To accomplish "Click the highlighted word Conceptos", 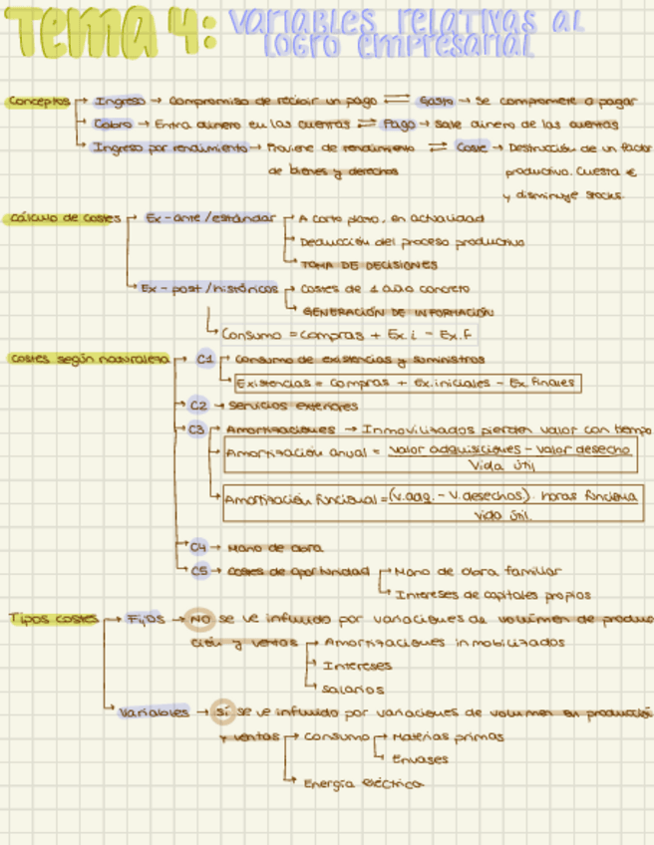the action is [x=39, y=101].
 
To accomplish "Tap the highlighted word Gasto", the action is [x=437, y=101].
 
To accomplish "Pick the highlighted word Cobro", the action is [x=113, y=125].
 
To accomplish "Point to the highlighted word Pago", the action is [x=399, y=125].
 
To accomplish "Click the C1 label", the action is [x=204, y=358].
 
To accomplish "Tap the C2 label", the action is [x=198, y=406].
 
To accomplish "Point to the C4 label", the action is [x=198, y=547].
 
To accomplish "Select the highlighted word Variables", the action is [x=153, y=712].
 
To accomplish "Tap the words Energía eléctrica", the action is [x=363, y=783].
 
